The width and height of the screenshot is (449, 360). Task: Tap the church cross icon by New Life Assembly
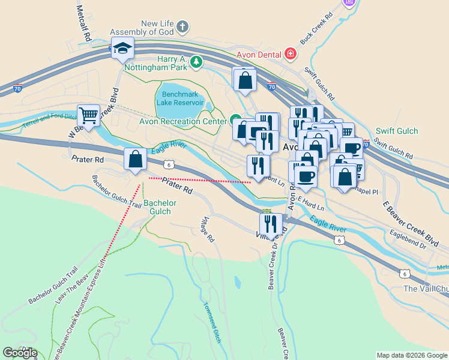point(183,27)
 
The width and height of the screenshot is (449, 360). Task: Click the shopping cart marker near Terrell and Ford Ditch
point(88,115)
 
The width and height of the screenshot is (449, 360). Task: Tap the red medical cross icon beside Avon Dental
point(291,53)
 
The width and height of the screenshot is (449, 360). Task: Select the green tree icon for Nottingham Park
point(196,61)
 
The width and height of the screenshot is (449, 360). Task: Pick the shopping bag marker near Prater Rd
point(136,160)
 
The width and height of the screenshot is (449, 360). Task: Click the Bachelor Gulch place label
point(160,207)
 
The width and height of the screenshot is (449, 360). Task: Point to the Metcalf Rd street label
point(84,24)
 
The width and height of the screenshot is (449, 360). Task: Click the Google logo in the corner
point(20,353)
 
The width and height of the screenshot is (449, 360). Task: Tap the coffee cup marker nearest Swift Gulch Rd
point(352,148)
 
